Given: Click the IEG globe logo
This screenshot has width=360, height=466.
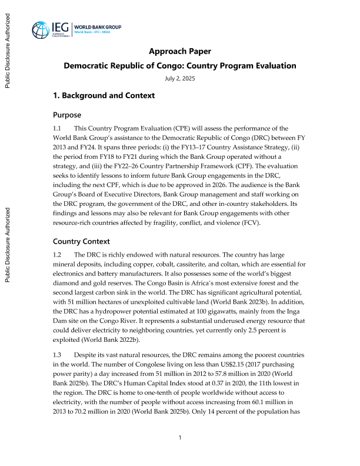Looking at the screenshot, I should (x=42, y=30).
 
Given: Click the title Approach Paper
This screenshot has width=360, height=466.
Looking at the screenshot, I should (x=180, y=51).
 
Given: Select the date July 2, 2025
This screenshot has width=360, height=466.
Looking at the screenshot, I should (x=180, y=78).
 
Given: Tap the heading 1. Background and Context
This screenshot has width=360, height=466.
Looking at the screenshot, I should (x=104, y=95).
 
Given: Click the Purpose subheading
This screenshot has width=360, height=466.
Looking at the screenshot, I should (x=67, y=115).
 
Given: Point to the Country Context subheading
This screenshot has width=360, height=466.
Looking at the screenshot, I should (x=82, y=241).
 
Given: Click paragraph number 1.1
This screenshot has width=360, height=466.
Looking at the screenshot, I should (x=57, y=128).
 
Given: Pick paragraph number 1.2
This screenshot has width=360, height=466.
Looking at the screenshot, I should (x=57, y=255).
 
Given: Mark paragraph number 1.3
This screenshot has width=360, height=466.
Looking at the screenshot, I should (x=57, y=355).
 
